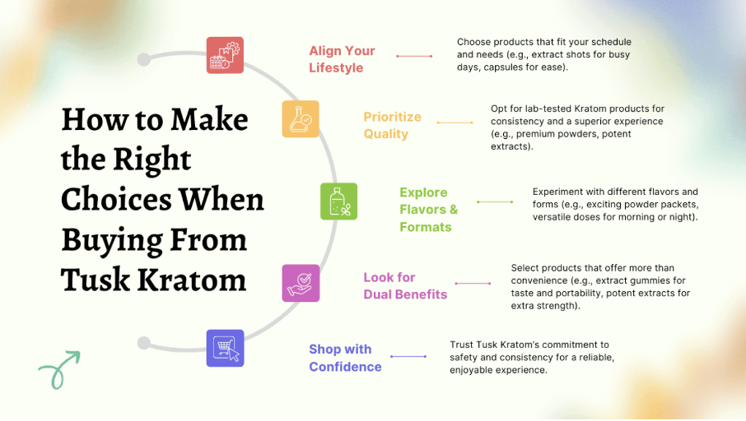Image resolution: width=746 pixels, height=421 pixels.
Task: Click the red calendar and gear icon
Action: point(225,55)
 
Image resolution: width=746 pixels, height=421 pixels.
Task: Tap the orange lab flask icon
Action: point(301,118)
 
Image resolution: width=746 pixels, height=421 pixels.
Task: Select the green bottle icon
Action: point(338,201)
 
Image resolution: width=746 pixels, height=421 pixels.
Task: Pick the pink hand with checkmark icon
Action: point(301,283)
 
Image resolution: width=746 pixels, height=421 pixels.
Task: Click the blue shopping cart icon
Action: point(225,349)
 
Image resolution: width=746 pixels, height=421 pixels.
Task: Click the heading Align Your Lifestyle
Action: point(342,59)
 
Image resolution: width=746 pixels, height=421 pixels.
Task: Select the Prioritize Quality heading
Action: point(393,126)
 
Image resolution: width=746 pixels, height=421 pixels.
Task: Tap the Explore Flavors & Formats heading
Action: point(429,210)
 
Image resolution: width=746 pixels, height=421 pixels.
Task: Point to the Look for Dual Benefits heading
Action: point(405,285)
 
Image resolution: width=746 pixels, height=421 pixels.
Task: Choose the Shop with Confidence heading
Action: point(345,358)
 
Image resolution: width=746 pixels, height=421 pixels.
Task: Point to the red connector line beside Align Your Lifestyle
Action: point(414,56)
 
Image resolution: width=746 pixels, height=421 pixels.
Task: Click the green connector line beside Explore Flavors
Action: point(495,202)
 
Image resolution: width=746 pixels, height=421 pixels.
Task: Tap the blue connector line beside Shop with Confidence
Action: point(408,356)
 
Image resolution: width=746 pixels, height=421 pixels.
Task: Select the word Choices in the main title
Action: point(116,199)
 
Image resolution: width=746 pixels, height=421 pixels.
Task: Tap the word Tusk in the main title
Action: point(96,280)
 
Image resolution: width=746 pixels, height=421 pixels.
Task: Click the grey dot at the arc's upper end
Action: point(144,59)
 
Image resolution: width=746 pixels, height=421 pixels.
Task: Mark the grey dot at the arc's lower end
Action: point(144,343)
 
